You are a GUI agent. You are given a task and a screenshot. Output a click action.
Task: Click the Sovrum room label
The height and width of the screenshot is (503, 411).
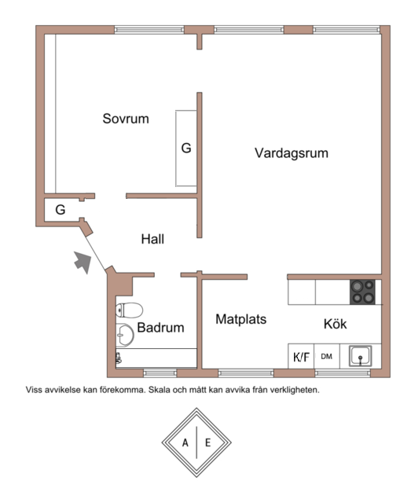(126, 119)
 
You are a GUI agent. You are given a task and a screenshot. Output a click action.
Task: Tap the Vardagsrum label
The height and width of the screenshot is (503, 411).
(292, 153)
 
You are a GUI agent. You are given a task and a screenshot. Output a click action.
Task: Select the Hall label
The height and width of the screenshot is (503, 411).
(152, 239)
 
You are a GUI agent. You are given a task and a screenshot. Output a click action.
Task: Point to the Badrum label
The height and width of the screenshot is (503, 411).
(160, 328)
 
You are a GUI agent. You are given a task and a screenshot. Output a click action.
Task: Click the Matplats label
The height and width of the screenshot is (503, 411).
(241, 320)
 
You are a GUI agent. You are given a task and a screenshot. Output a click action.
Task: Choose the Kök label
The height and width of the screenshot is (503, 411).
(335, 324)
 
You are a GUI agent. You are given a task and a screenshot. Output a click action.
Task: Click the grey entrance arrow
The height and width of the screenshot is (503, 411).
(83, 262)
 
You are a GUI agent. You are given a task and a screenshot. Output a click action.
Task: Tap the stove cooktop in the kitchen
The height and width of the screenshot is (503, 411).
(362, 292)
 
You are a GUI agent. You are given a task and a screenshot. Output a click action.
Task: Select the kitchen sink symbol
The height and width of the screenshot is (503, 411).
(360, 356)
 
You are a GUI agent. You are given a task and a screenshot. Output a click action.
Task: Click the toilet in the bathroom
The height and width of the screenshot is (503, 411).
(129, 310)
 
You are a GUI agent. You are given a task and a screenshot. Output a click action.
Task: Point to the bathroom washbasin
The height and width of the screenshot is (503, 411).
(124, 335)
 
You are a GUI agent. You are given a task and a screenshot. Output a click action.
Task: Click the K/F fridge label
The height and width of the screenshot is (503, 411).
(301, 357)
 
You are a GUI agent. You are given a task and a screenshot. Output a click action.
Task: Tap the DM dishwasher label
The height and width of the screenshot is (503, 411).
(327, 356)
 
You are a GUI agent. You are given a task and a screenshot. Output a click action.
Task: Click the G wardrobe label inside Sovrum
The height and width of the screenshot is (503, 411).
(186, 148)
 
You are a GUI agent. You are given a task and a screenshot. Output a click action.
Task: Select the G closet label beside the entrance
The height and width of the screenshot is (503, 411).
(61, 210)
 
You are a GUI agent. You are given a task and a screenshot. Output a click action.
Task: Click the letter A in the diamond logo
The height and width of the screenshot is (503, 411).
(185, 443)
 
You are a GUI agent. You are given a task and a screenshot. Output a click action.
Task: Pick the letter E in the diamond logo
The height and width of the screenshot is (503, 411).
(208, 443)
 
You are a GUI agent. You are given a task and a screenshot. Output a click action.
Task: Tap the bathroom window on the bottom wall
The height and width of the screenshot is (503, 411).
(160, 373)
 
